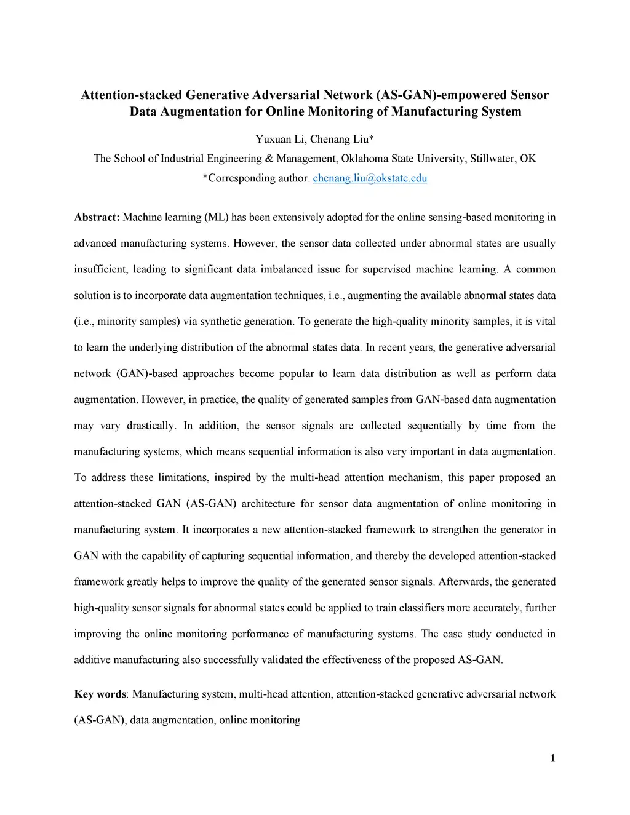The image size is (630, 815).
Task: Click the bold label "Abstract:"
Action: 97,217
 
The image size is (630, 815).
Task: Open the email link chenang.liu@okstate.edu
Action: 370,178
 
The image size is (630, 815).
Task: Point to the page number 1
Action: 552,758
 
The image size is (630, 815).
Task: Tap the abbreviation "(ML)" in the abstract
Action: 217,217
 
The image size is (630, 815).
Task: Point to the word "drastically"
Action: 151,426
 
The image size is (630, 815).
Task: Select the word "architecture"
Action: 268,504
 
